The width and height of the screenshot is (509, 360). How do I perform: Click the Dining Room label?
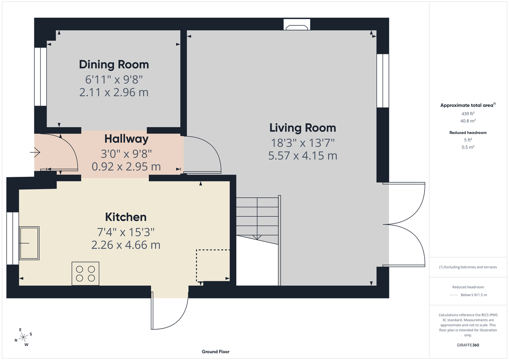click(114, 64)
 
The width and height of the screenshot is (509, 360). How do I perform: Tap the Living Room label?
click(302, 128)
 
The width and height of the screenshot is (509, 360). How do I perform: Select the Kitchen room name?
click(126, 217)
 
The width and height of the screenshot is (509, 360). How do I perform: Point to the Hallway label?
click(126, 139)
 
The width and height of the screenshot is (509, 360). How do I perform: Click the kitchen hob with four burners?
click(85, 273)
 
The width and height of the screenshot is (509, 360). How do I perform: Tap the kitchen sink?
click(30, 243)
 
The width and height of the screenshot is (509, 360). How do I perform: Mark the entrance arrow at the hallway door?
click(35, 152)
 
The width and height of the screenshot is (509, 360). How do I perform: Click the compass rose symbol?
click(23, 337)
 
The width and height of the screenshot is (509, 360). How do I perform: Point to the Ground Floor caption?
click(215, 352)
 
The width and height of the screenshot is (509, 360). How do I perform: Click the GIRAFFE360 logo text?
click(468, 345)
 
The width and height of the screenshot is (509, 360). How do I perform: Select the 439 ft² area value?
click(468, 114)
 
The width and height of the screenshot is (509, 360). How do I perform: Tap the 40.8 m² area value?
click(468, 120)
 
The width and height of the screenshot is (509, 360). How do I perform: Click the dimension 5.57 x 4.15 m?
click(302, 156)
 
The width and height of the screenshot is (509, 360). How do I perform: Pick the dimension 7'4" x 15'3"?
click(126, 232)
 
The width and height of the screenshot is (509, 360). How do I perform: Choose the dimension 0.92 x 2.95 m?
click(126, 167)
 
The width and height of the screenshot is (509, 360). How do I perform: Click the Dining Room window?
click(40, 76)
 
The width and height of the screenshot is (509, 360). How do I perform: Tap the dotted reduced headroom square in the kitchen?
click(213, 265)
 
